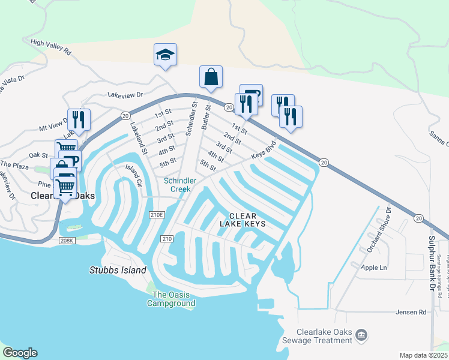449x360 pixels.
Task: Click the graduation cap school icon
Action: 165,55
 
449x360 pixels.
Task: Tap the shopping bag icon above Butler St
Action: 211,77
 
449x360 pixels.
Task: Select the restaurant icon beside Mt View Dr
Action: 79,119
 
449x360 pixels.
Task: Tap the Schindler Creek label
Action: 178,185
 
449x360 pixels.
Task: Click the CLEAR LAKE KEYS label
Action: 246,220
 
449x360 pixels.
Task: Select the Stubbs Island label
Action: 118,270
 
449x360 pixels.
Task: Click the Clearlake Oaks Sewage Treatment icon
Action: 361,334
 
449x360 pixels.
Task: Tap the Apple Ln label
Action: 375,268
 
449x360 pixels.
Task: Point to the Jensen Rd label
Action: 411,313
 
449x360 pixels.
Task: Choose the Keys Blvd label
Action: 264,150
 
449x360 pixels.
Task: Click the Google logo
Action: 20,352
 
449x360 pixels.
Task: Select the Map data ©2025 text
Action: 423,355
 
